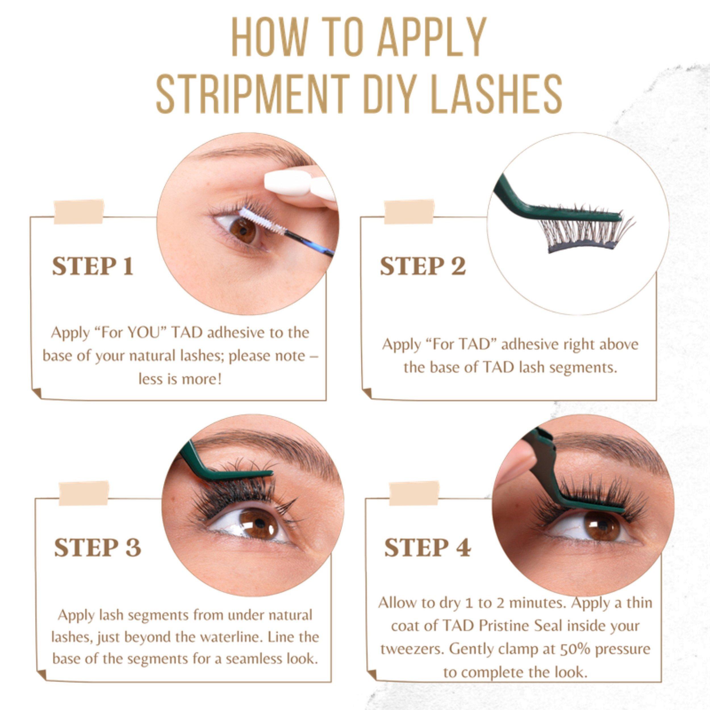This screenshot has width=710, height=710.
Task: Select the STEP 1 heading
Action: pos(93,266)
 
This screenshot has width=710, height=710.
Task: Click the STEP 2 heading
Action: pos(423,266)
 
